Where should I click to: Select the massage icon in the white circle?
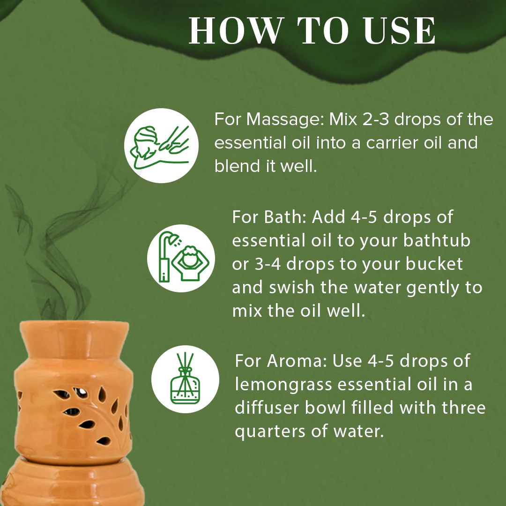pyautogui.click(x=161, y=146)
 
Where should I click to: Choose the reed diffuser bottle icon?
pyautogui.click(x=186, y=379)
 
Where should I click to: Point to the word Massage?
pyautogui.click(x=285, y=119)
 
